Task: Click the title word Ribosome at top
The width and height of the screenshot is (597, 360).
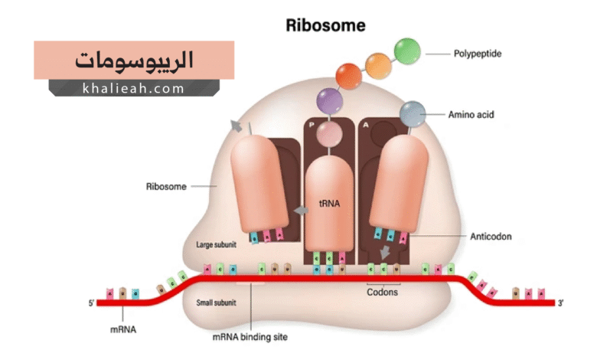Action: click(325, 25)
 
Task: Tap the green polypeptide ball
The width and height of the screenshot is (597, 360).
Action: click(407, 51)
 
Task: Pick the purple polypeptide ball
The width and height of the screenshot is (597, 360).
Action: click(330, 100)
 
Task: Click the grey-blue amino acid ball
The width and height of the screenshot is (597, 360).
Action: click(412, 113)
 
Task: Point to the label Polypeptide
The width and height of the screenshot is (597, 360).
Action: click(479, 54)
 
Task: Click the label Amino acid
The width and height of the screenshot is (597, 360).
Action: click(471, 115)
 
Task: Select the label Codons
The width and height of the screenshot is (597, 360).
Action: click(383, 291)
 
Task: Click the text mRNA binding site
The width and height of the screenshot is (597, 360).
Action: click(250, 335)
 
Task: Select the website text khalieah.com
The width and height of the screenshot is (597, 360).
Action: click(133, 89)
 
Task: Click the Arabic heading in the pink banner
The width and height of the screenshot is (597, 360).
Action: click(135, 60)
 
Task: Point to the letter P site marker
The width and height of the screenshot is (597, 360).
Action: click(312, 123)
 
